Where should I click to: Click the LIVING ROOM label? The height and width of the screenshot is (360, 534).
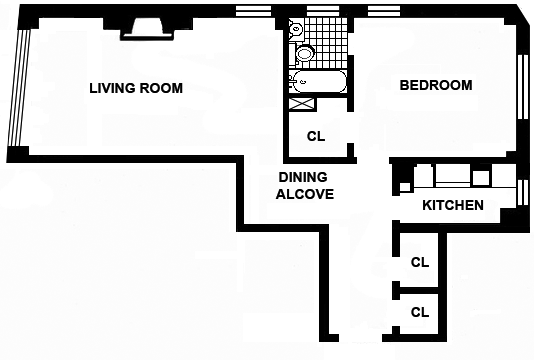click(136, 88)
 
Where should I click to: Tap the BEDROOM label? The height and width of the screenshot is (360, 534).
click(436, 85)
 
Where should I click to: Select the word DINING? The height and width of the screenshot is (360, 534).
click(303, 177)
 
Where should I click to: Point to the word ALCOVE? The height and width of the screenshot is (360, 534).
click(305, 194)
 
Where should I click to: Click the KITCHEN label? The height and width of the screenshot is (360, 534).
click(453, 205)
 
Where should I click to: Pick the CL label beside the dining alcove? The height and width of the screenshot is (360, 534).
click(316, 136)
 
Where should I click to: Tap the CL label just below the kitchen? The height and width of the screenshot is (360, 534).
click(420, 262)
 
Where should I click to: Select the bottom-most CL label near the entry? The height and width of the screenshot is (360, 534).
click(420, 312)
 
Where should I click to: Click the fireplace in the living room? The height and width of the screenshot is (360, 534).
click(147, 29)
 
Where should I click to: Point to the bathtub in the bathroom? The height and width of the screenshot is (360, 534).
click(319, 81)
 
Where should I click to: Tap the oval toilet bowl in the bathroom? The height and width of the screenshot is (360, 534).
click(304, 53)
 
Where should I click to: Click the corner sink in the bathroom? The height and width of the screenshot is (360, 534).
click(296, 29)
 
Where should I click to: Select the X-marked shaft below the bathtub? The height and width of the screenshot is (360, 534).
click(302, 104)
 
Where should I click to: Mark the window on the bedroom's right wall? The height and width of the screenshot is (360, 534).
click(522, 87)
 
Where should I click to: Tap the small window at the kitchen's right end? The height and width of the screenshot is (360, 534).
click(522, 192)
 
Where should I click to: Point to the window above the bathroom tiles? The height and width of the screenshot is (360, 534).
click(323, 11)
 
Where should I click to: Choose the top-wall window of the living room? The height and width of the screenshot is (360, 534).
click(254, 11)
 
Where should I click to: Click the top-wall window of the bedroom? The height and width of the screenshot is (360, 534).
click(384, 11)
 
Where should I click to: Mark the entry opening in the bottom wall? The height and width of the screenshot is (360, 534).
click(361, 338)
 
